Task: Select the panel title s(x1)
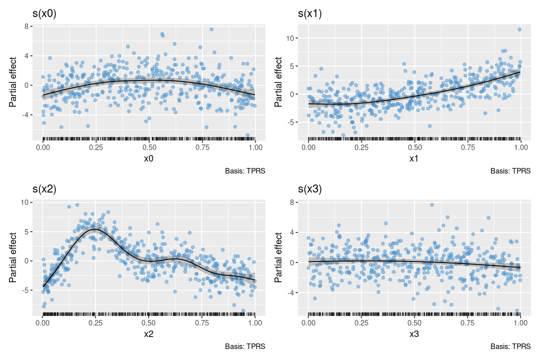pyautogui.click(x=310, y=13)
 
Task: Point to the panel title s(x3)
pyautogui.click(x=310, y=189)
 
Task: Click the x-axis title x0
pyautogui.click(x=149, y=158)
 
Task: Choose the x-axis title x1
pyautogui.click(x=414, y=158)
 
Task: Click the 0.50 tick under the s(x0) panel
pyautogui.click(x=149, y=148)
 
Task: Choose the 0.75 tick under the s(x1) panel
pyautogui.click(x=468, y=148)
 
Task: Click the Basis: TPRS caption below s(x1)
pyautogui.click(x=510, y=171)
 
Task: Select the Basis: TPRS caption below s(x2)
pyautogui.click(x=245, y=346)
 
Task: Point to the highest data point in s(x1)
pyautogui.click(x=519, y=29)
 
